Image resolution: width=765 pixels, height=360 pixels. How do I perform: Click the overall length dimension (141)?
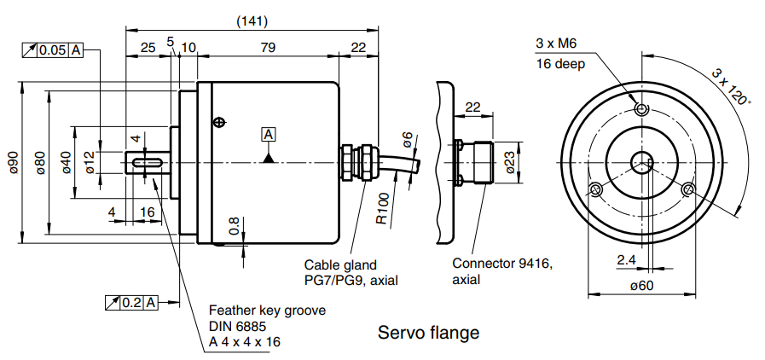coord(248,20)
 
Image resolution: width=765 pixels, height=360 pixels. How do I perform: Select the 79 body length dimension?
coord(268,48)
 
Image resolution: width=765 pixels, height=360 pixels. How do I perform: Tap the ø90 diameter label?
coord(12,162)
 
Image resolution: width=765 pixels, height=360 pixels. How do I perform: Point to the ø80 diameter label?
coord(39,162)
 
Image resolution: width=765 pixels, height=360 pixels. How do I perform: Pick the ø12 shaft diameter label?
coord(90,162)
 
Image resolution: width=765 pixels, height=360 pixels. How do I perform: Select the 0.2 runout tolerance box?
coord(132,302)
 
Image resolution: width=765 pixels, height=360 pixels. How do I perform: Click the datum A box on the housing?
coord(269,134)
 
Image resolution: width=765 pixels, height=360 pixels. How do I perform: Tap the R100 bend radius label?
coord(383,207)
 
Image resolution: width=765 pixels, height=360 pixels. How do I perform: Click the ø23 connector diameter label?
coord(509,161)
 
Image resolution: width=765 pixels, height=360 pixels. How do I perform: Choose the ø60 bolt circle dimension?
coord(641,286)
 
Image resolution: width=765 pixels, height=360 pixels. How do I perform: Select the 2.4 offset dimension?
coord(628,259)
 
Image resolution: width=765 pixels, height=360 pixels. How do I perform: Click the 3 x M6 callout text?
coord(557,44)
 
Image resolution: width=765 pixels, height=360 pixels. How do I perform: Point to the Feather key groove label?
coord(267,311)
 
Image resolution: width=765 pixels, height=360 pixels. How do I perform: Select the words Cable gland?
coord(340,265)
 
